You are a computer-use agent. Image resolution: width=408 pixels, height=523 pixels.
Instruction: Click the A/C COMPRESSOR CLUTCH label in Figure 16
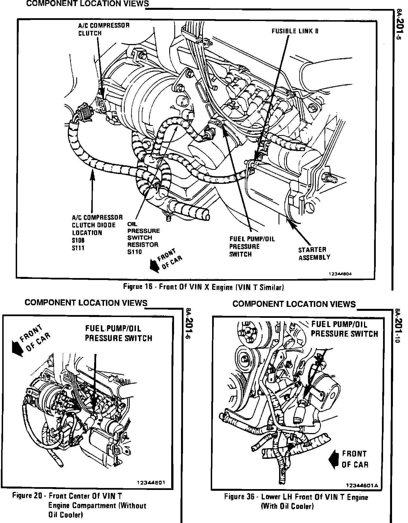[x=104, y=29]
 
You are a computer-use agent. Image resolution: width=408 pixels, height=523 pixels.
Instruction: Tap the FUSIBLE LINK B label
[x=295, y=31]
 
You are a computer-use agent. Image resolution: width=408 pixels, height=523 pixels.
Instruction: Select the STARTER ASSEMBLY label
[x=314, y=253]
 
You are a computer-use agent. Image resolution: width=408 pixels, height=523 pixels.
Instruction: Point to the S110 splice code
[x=135, y=252]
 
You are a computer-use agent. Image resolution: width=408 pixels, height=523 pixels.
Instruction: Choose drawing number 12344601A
[x=362, y=485]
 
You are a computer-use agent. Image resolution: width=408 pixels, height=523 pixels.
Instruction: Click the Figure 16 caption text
[x=204, y=287]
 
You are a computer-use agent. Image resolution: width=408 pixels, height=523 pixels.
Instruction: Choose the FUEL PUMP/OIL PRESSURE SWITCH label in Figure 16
[x=252, y=246]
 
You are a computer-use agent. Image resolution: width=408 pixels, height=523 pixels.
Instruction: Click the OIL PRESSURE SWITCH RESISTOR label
[x=143, y=238]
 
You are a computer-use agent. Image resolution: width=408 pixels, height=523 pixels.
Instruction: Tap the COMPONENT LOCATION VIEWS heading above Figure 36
[x=294, y=304]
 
